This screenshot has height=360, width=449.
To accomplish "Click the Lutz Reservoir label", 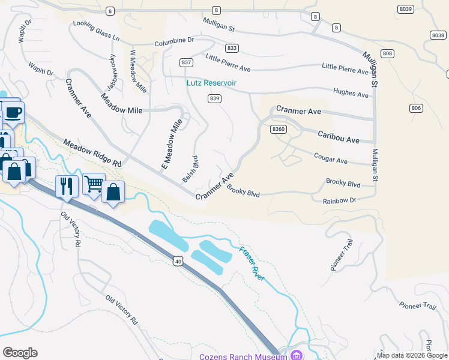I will pos(211,83).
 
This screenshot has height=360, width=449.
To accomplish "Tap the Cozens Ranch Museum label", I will pos(243,356).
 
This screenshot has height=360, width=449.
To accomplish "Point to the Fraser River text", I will pos(252,263).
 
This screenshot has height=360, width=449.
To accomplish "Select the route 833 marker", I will pos(232,48).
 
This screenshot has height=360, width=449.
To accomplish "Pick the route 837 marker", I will pos(186,62).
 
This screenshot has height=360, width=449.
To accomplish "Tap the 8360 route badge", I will pos(278,129).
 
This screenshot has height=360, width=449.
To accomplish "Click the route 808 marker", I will pos(387,54).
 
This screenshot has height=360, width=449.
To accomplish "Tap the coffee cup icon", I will pos(13,112).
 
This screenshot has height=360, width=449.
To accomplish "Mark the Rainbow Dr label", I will pos(339,201).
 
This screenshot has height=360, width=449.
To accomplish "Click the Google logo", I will pos(20,353).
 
